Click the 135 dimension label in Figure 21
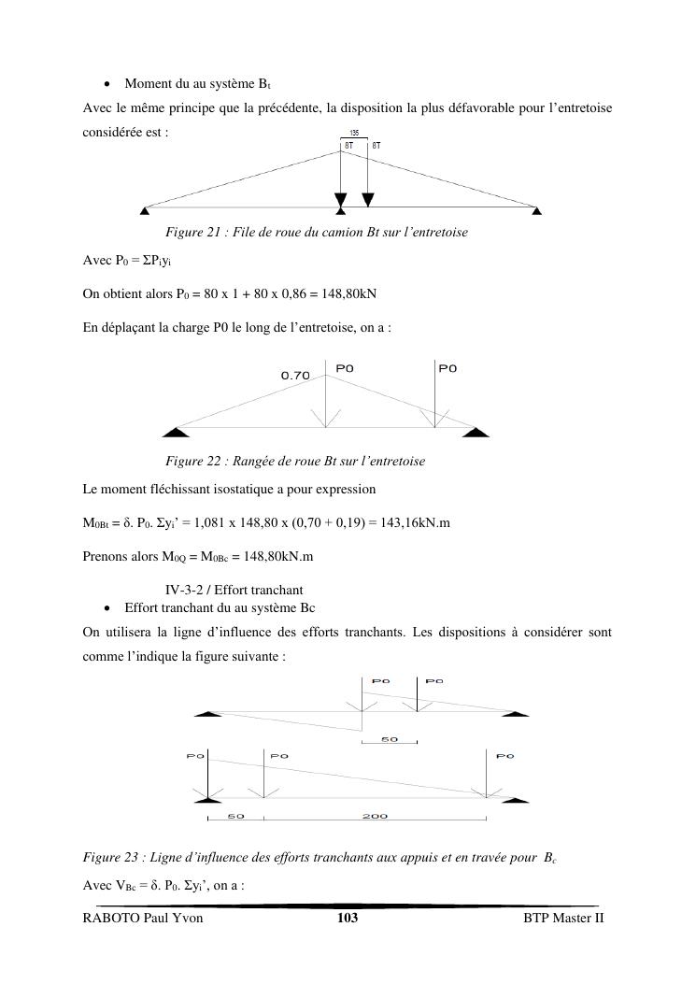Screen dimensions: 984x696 coord(354,134)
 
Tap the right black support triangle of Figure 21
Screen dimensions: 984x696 coord(536,210)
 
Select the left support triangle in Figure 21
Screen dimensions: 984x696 coord(143,210)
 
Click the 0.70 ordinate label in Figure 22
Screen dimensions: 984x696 coord(295,376)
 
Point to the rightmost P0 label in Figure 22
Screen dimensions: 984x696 coord(447,368)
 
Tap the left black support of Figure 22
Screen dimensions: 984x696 coord(170,431)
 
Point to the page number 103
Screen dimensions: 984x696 coord(348,919)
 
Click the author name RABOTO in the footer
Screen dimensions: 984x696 coord(110,919)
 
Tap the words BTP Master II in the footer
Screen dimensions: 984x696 coord(563,919)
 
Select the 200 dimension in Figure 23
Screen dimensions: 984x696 coord(375,816)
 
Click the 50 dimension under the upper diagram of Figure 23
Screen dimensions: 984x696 coord(389,739)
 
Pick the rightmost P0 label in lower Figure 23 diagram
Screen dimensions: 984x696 coord(504,755)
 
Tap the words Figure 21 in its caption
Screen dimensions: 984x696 coord(191,232)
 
